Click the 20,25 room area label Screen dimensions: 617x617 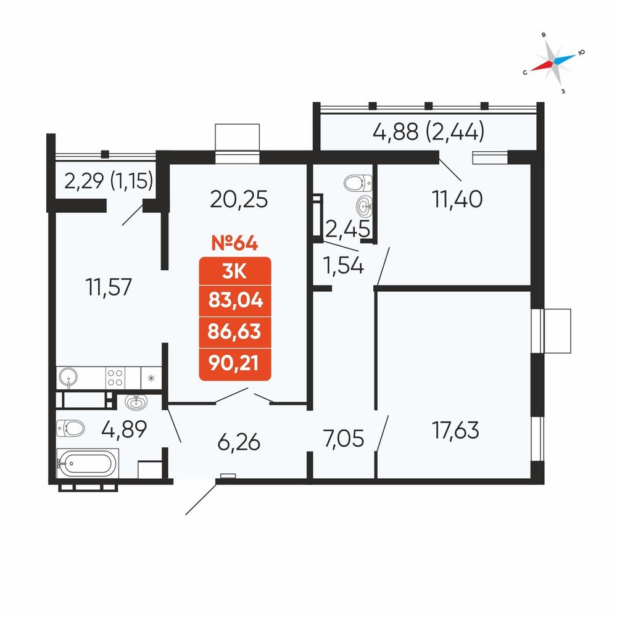239,199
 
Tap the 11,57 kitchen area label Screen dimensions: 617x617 109,287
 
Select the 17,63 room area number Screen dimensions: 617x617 456,429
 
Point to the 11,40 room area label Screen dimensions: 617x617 457,199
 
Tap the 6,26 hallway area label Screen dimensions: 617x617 239,442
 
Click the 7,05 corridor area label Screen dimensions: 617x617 344,439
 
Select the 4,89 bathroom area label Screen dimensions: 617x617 124,429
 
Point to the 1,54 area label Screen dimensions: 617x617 343,265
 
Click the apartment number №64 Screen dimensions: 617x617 234,243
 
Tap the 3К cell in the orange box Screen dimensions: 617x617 234,271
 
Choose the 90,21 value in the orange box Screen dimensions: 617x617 234,363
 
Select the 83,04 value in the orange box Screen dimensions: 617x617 235,300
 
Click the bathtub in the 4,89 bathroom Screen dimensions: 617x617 88,463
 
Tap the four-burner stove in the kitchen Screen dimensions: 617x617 115,378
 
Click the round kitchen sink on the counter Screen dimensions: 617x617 68,377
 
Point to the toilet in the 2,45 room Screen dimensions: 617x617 358,183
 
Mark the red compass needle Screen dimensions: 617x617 542,66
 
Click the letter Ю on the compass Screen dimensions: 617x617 582,52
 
